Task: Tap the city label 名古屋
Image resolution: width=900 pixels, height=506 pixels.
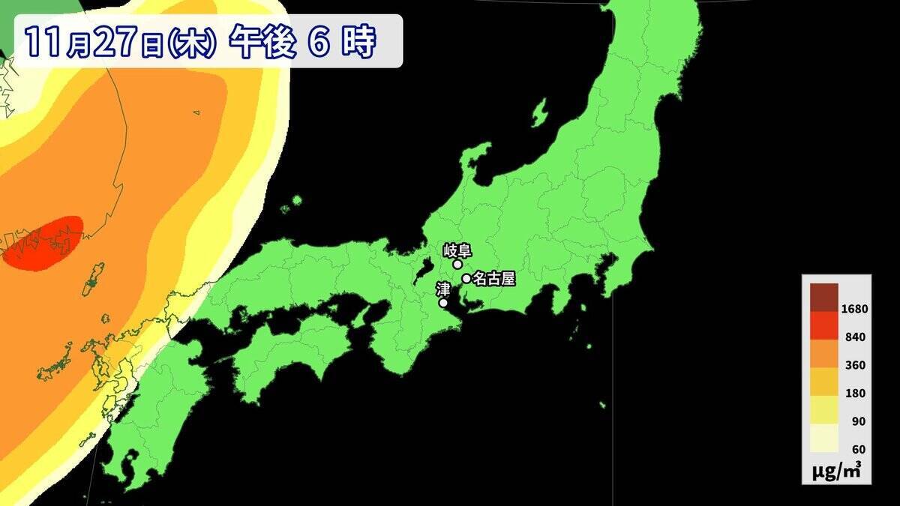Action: point(494,279)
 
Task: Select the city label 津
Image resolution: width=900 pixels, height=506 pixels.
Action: point(443,289)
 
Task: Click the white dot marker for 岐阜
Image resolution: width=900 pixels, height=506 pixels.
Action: point(457,264)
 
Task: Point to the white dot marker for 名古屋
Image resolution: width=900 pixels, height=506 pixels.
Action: point(466,279)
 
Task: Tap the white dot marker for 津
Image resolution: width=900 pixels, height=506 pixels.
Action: point(443,303)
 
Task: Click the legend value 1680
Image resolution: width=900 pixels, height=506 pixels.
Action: point(853,309)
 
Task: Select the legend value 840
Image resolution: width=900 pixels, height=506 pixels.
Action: point(855,337)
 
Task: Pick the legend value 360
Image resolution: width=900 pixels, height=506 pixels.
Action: point(855,365)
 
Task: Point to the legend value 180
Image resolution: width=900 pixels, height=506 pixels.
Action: point(855,394)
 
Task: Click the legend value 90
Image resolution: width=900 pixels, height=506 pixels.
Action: point(858,421)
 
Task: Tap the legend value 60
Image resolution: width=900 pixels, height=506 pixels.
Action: point(858,449)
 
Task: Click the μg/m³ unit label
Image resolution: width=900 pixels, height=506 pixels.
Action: point(836,471)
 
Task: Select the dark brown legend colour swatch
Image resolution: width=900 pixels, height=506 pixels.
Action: point(824,295)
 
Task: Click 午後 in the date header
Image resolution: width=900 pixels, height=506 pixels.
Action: point(259,43)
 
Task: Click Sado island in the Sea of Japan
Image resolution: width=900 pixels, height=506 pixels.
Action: point(539,112)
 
